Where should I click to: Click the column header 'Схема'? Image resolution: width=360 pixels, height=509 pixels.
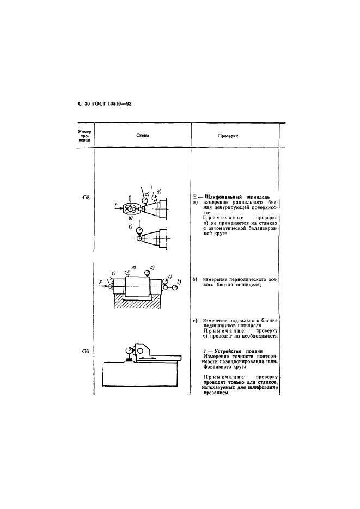tap(143, 136)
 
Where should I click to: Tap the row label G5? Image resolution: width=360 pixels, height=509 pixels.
tap(86, 197)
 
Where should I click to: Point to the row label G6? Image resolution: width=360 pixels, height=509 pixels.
tap(86, 351)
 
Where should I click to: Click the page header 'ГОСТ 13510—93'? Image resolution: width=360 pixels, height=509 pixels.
tap(113, 105)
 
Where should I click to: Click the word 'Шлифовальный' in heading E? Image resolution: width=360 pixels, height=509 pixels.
tap(221, 197)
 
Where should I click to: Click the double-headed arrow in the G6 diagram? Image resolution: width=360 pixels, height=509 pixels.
tap(148, 358)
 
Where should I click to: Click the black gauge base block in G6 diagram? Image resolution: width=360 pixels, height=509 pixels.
tap(129, 359)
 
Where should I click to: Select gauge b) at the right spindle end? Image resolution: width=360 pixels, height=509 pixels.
tap(175, 287)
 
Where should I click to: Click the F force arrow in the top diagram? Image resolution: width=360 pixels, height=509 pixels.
tap(119, 208)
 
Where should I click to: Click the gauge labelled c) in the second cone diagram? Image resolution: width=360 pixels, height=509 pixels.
tap(139, 230)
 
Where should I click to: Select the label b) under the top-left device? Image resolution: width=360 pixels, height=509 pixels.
tap(130, 218)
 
